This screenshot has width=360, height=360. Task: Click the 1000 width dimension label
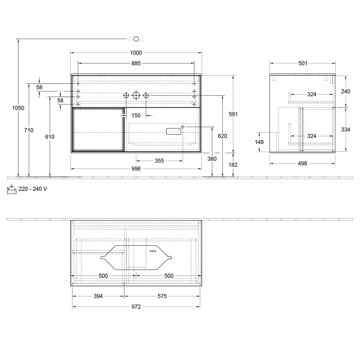[x=136, y=53]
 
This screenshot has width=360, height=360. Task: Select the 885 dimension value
[x=136, y=63]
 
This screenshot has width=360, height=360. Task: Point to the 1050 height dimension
[x=18, y=108]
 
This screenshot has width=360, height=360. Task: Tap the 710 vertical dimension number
[x=29, y=131]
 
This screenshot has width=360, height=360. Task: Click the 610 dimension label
[x=49, y=137]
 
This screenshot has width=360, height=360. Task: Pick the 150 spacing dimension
[x=136, y=115]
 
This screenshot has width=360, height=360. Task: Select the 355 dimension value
[x=159, y=161]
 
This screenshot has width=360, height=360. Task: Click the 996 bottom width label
[x=136, y=169]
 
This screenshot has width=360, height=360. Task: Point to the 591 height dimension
[x=233, y=114]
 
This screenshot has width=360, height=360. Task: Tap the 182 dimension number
[x=233, y=165]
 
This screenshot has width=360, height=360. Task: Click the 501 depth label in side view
[x=302, y=63]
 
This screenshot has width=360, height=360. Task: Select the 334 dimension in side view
[x=345, y=130]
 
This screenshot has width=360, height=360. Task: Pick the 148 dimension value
[x=259, y=142]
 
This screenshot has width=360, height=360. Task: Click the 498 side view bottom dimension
[x=302, y=164]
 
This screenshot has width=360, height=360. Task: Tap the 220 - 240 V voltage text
[x=32, y=189]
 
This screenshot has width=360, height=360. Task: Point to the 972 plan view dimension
[x=136, y=307]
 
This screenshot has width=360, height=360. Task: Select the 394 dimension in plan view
[x=98, y=296]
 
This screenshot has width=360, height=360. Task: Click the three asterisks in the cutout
[x=153, y=251]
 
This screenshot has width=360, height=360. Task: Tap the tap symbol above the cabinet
[x=136, y=39]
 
